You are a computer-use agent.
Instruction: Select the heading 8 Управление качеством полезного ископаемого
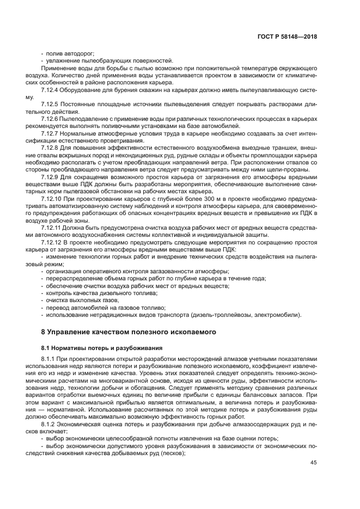(x=129, y=331)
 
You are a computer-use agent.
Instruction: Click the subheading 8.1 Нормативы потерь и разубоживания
(x=101, y=347)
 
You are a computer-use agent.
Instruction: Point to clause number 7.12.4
(x=53, y=89)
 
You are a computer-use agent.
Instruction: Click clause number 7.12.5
(x=53, y=103)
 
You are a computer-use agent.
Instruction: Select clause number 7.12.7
(x=53, y=133)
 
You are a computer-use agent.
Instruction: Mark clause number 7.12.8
(x=53, y=148)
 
